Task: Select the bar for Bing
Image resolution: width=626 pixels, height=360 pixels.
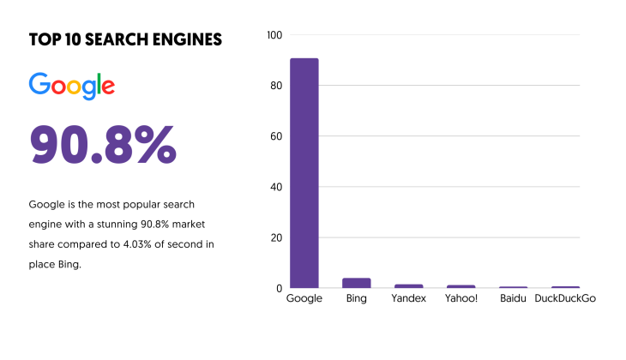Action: point(357,283)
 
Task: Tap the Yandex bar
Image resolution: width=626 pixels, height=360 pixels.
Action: point(409,285)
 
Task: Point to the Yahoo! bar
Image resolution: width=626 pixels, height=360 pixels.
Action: point(460,286)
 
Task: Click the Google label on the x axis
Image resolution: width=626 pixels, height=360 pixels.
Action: point(304,298)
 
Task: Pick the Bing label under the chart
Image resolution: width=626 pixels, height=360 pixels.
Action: point(357,298)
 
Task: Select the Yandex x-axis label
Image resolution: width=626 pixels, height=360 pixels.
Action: point(409,298)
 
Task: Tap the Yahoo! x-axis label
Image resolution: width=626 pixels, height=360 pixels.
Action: point(460,298)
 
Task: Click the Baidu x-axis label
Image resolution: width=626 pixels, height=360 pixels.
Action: point(513,298)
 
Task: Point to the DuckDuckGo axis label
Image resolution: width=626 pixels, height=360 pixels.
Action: point(564,298)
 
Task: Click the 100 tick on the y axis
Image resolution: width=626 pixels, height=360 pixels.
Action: point(274,35)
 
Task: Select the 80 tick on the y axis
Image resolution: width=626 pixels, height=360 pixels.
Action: point(276,86)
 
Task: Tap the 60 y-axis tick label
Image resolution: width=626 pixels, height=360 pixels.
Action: point(276,136)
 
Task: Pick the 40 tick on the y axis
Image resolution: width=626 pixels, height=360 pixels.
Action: point(276,187)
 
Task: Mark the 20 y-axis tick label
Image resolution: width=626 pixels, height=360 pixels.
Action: point(276,237)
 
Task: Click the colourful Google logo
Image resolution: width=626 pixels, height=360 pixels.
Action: point(72,86)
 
